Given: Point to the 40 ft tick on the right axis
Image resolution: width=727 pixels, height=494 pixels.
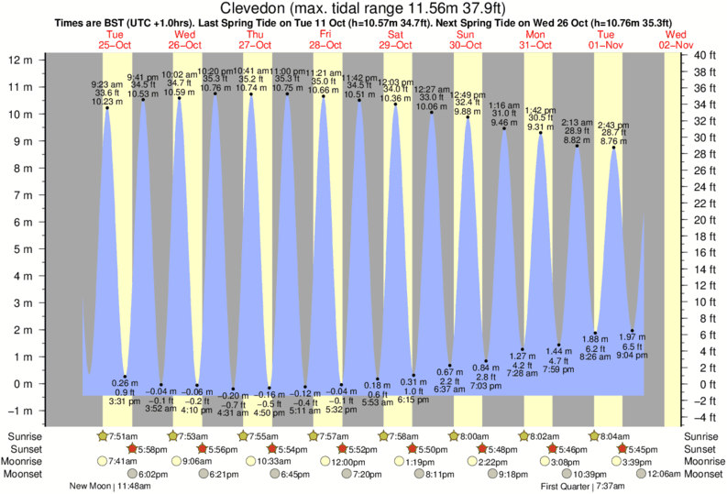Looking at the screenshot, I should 702,55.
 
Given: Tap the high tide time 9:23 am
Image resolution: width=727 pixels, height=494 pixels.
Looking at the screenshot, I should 107,83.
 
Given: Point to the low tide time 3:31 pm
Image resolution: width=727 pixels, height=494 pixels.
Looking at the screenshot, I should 125,401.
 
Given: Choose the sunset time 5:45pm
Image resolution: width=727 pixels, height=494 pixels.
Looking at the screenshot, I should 642,449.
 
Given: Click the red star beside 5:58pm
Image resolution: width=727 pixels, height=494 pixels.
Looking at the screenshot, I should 132,449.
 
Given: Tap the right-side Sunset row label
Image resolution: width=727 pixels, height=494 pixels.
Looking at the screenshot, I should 703,449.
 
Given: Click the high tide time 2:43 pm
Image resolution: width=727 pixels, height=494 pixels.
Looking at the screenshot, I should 612,124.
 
